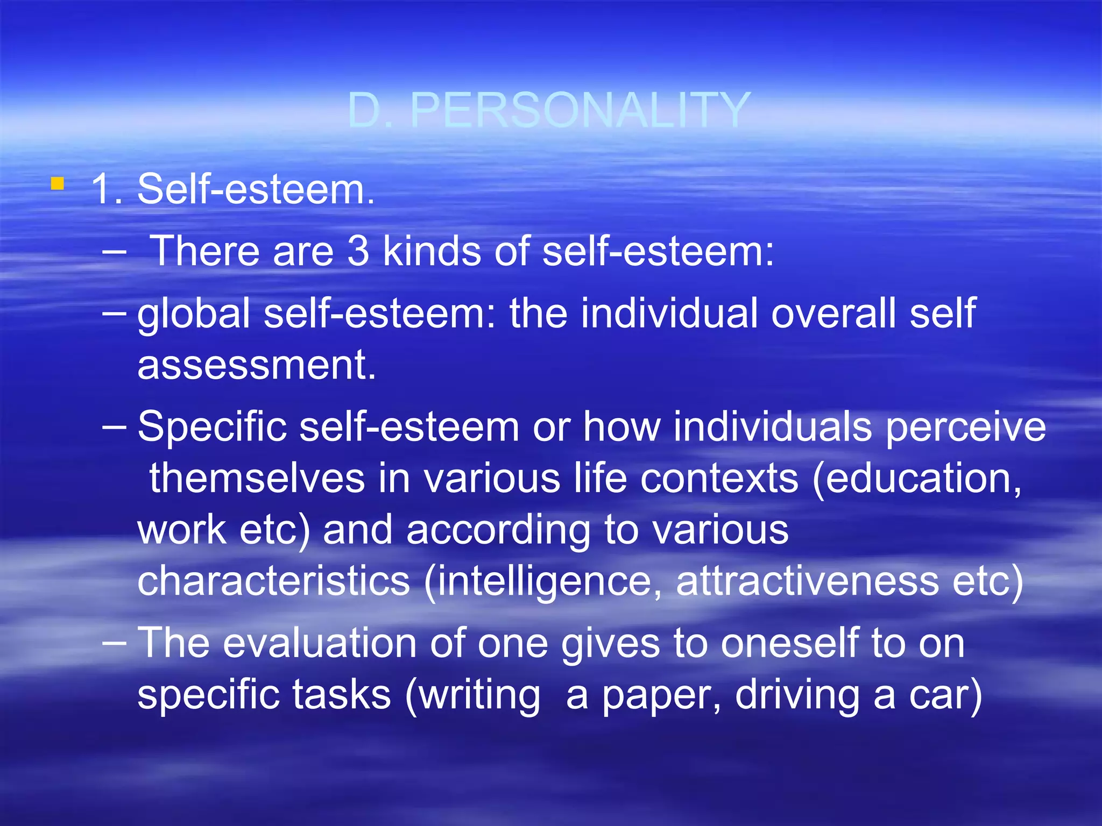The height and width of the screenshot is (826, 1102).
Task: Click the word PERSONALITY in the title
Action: click(x=580, y=110)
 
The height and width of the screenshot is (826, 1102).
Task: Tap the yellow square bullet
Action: click(x=58, y=184)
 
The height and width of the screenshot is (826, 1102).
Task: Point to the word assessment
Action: click(x=257, y=365)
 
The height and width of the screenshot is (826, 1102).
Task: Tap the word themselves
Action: click(x=257, y=478)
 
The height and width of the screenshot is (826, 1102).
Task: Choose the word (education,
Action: click(x=917, y=478)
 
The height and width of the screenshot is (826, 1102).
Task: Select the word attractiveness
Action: click(x=808, y=581)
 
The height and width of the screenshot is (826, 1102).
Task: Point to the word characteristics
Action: click(x=274, y=581)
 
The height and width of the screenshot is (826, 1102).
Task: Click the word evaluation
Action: click(x=320, y=643)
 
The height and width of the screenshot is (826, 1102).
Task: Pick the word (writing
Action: click(x=472, y=695)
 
